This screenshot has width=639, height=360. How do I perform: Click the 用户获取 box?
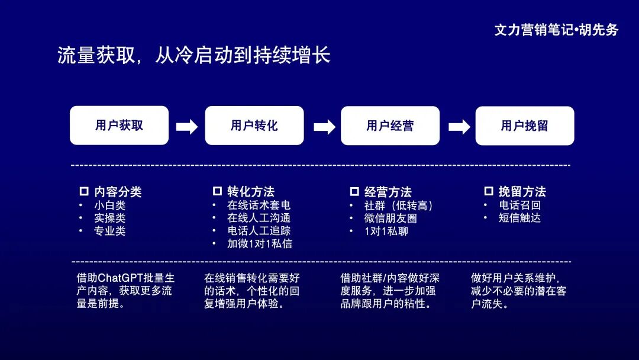119,126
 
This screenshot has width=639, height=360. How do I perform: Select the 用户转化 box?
254,126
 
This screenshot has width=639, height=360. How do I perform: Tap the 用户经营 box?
390,126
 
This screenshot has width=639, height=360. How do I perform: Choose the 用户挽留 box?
525,126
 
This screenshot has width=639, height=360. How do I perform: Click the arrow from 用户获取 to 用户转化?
187,127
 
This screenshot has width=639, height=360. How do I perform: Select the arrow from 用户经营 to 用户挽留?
459,127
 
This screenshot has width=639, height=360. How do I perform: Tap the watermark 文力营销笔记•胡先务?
556,30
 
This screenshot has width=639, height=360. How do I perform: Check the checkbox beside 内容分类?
84,191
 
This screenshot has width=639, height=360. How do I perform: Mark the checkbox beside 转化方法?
217,191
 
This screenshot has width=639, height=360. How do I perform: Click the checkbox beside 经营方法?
354,191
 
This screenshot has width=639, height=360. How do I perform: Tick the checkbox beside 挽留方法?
489,191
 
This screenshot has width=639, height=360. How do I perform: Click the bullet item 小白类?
110,205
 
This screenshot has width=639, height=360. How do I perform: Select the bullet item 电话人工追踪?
259,230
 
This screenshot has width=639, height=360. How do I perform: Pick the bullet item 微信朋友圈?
390,218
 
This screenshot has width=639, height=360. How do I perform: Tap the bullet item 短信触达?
519,217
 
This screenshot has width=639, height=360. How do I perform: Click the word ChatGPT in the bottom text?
118,278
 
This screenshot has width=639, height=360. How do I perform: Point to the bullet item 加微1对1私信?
260,243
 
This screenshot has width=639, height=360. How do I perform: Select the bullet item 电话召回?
519,205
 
